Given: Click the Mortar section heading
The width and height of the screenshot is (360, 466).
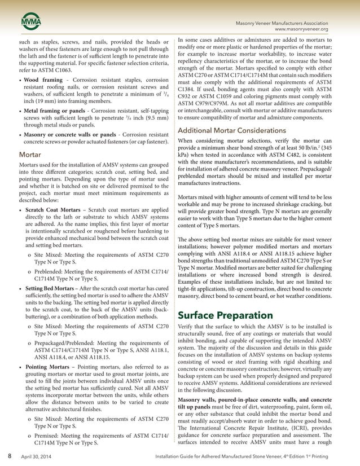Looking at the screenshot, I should pyautogui.click(x=30, y=153).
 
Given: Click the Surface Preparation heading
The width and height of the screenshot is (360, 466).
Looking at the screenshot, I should pyautogui.click(x=225, y=314).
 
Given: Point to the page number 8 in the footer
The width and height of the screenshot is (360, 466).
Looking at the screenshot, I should pyautogui.click(x=9, y=455).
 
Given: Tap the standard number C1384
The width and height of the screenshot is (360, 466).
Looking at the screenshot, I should pyautogui.click(x=188, y=89).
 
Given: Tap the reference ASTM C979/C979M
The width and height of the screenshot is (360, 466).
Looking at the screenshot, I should pyautogui.click(x=209, y=104).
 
